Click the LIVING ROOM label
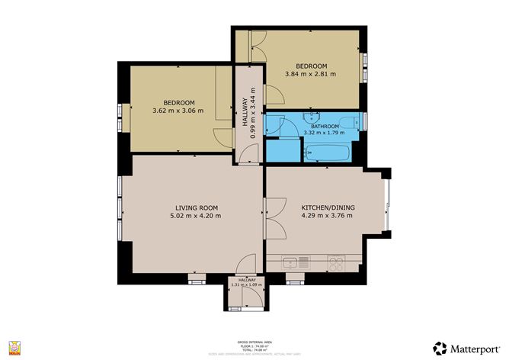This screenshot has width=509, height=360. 197,207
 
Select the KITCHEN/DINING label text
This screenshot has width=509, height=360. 328,207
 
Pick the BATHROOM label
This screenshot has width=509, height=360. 325,127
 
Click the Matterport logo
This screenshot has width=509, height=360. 461,347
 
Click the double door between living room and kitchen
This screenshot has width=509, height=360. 265,208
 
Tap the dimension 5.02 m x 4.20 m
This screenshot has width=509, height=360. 197,216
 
